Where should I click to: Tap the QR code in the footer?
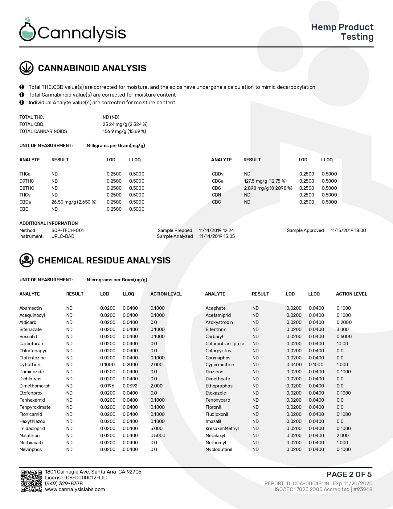pyautogui.click(x=31, y=481)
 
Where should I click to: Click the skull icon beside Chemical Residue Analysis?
pyautogui.click(x=27, y=260)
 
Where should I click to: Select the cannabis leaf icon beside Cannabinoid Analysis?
pyautogui.click(x=27, y=68)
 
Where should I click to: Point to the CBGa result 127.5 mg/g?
pyautogui.click(x=265, y=181)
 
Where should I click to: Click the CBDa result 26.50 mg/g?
pyautogui.click(x=74, y=202)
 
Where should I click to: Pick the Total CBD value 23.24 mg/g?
pyautogui.click(x=125, y=124)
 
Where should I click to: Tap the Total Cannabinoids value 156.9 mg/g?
pyautogui.click(x=124, y=131)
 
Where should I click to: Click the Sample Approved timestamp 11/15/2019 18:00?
pyautogui.click(x=348, y=230)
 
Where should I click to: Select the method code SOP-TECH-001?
pyautogui.click(x=68, y=230)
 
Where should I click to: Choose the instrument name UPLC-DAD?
pyautogui.click(x=63, y=236)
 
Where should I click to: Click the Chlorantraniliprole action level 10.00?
pyautogui.click(x=342, y=344)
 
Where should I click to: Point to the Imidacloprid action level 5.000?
pyautogui.click(x=156, y=428)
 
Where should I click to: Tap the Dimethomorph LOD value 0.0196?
pyautogui.click(x=107, y=386)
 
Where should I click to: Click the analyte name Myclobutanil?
pyautogui.click(x=219, y=449)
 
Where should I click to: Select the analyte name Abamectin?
pyautogui.click(x=31, y=308)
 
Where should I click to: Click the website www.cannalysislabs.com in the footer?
pyautogui.click(x=75, y=489)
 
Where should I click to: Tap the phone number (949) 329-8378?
pyautogui.click(x=64, y=483)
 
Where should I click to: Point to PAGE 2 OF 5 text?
pyautogui.click(x=349, y=474)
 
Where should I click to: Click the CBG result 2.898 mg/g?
pyautogui.click(x=268, y=188)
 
